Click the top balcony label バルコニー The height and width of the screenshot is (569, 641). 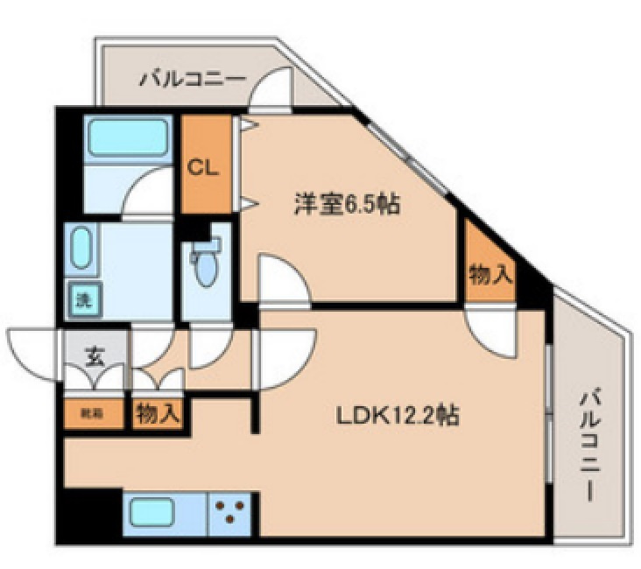click(x=192, y=81)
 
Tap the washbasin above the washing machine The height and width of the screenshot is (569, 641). click(x=81, y=249)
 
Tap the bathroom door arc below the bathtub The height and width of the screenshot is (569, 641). click(x=147, y=193)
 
